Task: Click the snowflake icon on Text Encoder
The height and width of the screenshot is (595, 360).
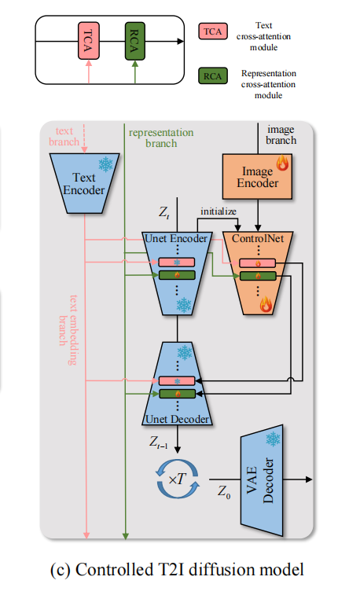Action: (104, 164)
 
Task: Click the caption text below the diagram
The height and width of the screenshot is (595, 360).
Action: (178, 569)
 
